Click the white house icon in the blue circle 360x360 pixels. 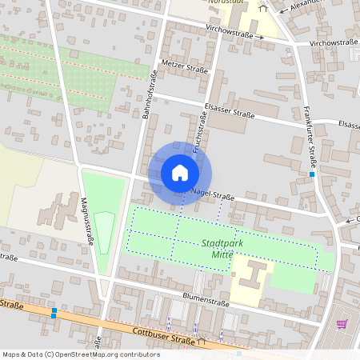(x=180, y=172)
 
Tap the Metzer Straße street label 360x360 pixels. (x=184, y=66)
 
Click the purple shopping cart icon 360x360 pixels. (x=342, y=324)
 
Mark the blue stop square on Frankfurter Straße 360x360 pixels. (x=312, y=174)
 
